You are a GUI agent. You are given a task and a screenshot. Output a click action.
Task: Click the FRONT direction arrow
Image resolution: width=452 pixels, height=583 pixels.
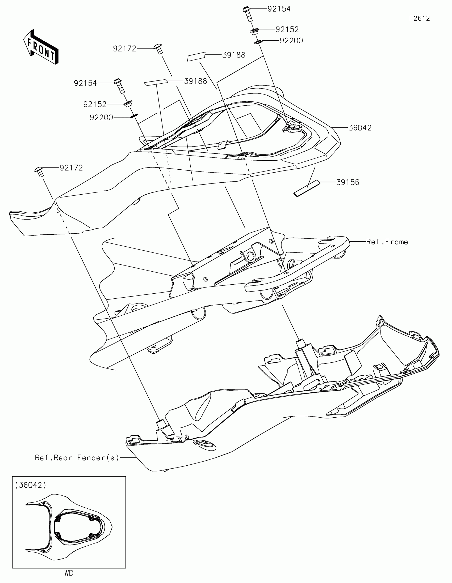point(41,47)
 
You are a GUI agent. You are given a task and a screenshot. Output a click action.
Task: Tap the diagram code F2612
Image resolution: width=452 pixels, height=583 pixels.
point(419,18)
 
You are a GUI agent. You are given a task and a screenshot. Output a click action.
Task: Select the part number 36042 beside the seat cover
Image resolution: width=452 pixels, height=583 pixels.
point(360,128)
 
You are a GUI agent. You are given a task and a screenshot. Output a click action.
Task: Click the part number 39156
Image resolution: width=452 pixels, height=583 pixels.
point(348,182)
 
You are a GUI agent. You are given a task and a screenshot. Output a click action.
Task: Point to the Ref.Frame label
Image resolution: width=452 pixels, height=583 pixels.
point(387,242)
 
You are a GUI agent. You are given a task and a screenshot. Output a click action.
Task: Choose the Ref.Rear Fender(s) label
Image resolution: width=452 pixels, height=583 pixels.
point(77,458)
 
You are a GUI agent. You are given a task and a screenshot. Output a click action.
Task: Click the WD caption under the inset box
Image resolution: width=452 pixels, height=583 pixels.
point(69,573)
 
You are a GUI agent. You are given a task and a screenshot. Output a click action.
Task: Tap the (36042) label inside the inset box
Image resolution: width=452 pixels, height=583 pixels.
point(31,485)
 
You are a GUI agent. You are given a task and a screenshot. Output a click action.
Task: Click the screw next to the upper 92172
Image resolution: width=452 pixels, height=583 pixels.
point(158,49)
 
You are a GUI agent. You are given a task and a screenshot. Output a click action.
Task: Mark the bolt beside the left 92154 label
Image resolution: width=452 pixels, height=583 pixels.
point(119,85)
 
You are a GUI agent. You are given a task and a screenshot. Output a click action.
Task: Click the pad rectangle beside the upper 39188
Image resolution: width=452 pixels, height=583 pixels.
point(196,57)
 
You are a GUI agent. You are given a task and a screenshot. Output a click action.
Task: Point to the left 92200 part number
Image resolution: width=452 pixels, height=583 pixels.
point(101,117)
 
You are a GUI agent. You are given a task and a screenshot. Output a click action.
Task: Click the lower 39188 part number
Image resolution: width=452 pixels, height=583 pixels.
point(195,82)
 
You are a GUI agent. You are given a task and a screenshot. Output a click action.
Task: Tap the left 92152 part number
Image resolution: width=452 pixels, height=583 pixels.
point(95,104)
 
